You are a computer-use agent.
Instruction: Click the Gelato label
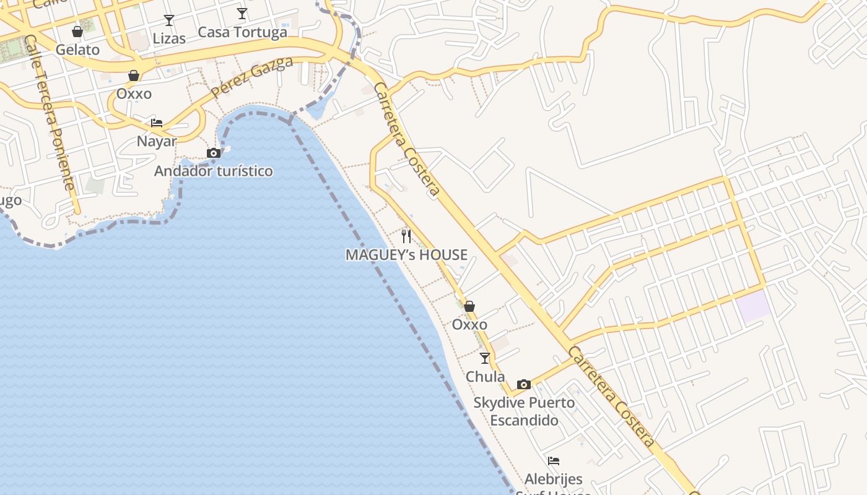coord(77,49)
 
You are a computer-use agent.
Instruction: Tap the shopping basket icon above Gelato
coord(77,32)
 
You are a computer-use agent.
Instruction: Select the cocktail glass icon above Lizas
coord(168,20)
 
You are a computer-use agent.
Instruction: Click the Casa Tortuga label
coord(242,32)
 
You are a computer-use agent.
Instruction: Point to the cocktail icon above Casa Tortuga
coord(242,14)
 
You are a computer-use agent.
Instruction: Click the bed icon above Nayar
coord(157,123)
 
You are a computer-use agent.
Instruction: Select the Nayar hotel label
coord(157,141)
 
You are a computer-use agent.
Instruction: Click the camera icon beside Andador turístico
coord(214,153)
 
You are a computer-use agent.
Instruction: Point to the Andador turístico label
coord(214,171)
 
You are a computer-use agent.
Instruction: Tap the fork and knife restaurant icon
coord(406,236)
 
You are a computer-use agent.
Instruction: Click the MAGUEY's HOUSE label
coord(406,254)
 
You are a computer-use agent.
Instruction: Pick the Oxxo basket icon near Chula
coord(469,306)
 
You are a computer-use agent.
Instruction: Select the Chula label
coord(485,376)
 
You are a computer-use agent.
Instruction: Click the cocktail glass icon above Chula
coord(485,358)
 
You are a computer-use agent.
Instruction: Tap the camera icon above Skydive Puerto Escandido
coord(524,384)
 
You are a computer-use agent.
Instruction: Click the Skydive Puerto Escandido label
coord(524,411)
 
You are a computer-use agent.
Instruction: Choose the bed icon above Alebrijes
coord(554,461)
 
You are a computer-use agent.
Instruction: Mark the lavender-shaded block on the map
coord(754,306)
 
